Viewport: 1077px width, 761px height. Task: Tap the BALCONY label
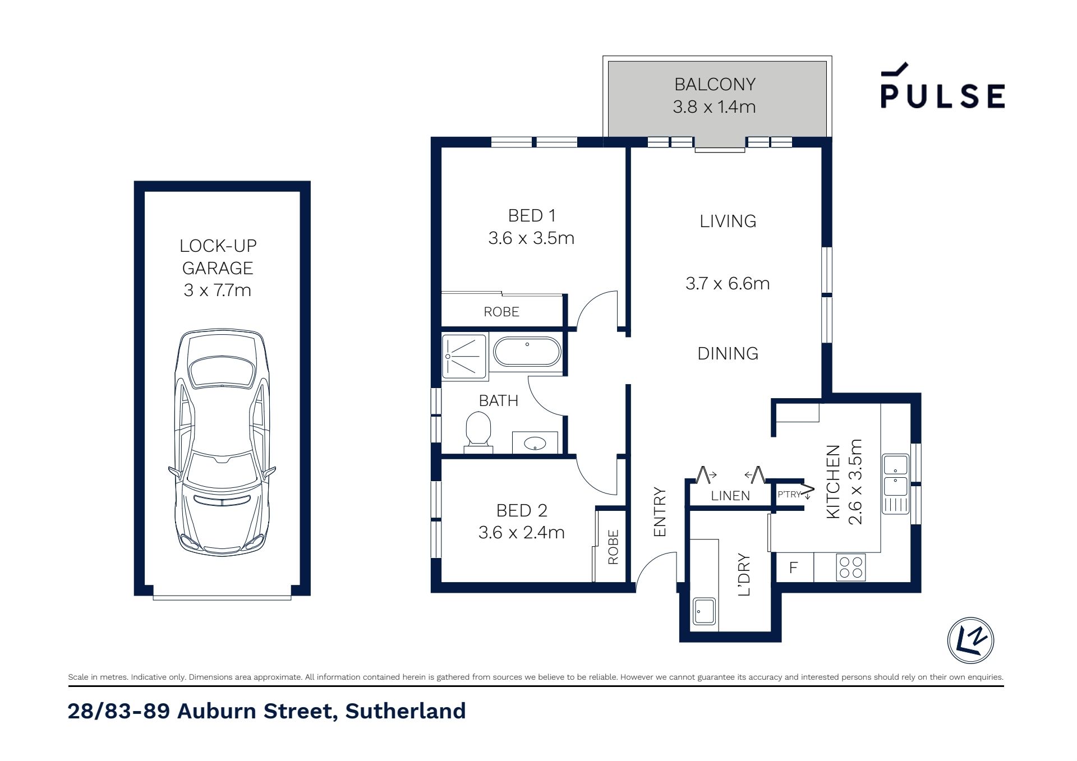[715, 84]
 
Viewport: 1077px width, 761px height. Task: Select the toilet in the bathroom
[478, 432]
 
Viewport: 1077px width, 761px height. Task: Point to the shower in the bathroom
[464, 356]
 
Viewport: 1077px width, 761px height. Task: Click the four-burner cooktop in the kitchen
[851, 567]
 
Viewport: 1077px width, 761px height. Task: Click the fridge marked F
[794, 568]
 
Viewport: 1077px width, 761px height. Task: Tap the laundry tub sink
[705, 611]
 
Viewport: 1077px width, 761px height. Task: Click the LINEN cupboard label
[730, 496]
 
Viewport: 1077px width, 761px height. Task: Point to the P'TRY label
[789, 495]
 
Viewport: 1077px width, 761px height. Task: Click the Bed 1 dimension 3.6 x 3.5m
[531, 238]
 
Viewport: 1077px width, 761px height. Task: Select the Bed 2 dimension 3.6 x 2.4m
[521, 532]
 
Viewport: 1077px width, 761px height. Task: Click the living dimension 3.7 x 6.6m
[728, 284]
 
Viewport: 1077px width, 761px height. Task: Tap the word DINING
[728, 353]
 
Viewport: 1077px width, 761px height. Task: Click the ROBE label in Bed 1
[501, 312]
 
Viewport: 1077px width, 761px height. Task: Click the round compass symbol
[970, 640]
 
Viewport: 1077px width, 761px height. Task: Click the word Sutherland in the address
[405, 711]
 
